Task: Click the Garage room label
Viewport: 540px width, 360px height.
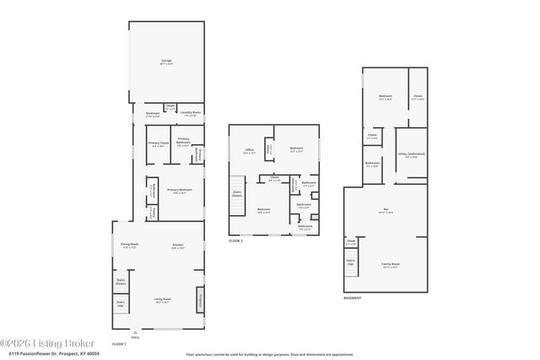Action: pyautogui.click(x=166, y=62)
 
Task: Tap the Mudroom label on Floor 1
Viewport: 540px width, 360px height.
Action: pyautogui.click(x=153, y=114)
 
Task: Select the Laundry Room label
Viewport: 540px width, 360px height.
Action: pyautogui.click(x=191, y=114)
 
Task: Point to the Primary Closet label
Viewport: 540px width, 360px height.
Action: pyautogui.click(x=159, y=144)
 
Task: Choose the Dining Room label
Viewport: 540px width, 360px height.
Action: pyautogui.click(x=129, y=246)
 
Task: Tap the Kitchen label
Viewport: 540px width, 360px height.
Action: pyautogui.click(x=178, y=246)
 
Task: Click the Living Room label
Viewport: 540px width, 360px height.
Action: pyautogui.click(x=163, y=300)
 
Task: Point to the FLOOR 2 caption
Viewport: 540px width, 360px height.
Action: pyautogui.click(x=235, y=241)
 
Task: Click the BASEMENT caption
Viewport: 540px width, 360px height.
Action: pyautogui.click(x=353, y=298)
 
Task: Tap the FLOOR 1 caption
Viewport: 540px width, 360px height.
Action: pyautogui.click(x=119, y=345)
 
